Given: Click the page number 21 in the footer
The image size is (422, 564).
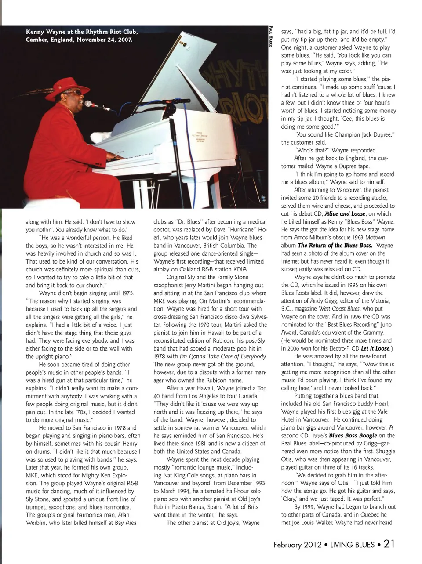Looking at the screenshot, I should click(389, 544).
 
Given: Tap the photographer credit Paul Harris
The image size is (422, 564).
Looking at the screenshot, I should click(270, 38).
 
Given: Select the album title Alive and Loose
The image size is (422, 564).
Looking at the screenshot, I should click(345, 213).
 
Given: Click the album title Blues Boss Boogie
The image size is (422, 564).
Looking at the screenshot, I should click(353, 435).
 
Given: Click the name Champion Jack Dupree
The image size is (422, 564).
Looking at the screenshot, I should click(360, 134).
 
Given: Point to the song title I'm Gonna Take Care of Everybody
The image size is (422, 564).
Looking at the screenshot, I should click(223, 356).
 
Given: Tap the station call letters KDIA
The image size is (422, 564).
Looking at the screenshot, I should click(238, 269).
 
